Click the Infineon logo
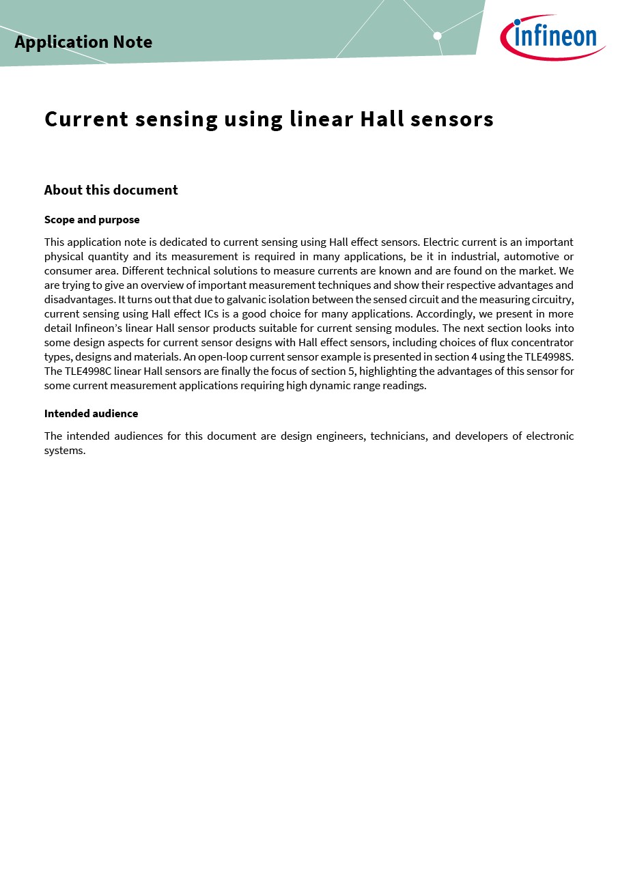coord(552,37)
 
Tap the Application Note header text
coord(83,42)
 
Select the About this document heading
coord(111,191)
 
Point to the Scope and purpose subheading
coord(92,220)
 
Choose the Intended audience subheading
coord(91,414)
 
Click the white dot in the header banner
coord(437,36)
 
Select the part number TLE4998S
coord(547,357)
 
